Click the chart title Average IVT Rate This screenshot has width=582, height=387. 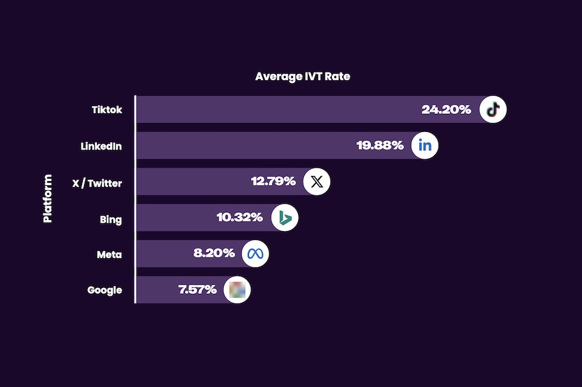[303, 76]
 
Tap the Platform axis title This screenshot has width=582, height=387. [47, 198]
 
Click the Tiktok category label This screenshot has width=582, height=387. [107, 110]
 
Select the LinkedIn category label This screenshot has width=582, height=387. [101, 146]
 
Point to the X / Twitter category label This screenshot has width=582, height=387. [97, 183]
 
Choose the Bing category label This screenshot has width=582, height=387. [111, 219]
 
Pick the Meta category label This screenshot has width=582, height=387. [109, 254]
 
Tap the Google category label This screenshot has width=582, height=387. [105, 290]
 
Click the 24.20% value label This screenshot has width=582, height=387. [446, 109]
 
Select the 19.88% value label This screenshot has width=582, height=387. [381, 146]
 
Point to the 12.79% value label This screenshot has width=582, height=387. [274, 181]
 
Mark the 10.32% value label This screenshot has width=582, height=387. [239, 217]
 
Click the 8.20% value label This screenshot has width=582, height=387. [214, 253]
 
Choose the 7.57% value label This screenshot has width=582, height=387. [197, 289]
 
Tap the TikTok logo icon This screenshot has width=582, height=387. [493, 109]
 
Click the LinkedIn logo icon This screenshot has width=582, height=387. [425, 146]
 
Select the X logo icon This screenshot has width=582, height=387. [317, 181]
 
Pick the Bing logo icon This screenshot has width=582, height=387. [285, 218]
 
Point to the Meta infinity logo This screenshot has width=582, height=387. [255, 254]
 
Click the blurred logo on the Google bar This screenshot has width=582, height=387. [237, 289]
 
